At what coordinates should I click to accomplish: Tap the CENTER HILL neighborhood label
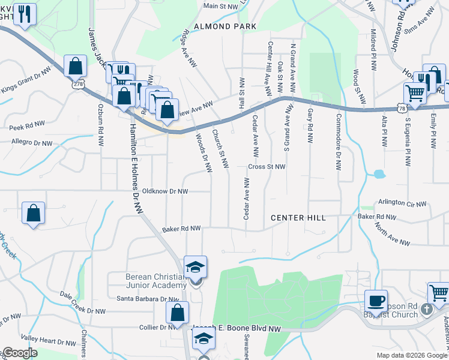pos(298,217)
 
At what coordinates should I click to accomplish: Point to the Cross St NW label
pos(267,167)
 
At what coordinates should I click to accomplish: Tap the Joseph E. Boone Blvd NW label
pos(237,329)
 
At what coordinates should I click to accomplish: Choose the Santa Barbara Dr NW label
pos(148,298)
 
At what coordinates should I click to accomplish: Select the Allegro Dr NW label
pos(32,143)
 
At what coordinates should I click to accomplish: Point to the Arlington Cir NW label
pos(402,203)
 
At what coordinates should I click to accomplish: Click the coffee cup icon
pos(376,300)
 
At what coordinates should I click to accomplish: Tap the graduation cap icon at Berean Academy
pos(195,267)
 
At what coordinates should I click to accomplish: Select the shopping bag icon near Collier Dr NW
pos(178,313)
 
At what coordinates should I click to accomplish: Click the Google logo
pos(19,353)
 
